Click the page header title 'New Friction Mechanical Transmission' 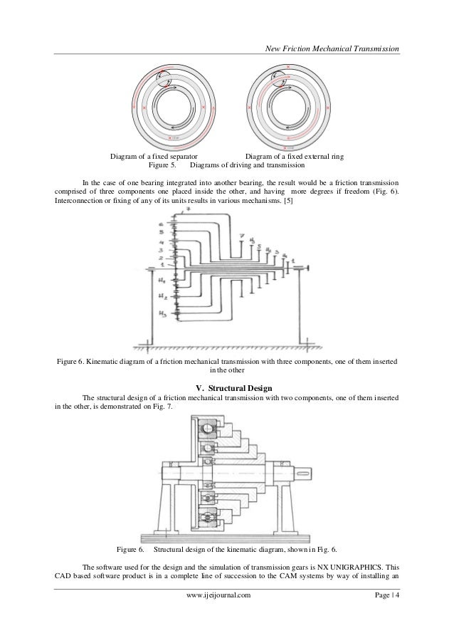[331, 48]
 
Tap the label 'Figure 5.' [162, 165]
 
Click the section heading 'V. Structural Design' [226, 387]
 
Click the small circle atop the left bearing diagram [161, 76]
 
